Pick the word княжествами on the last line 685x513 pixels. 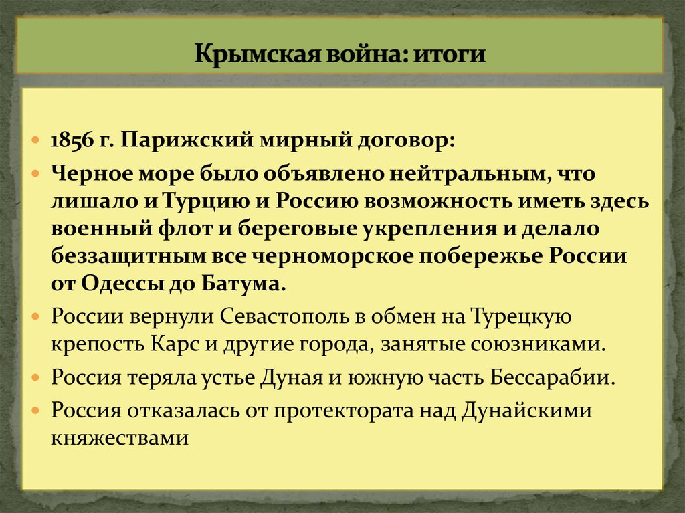pyautogui.click(x=122, y=439)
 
